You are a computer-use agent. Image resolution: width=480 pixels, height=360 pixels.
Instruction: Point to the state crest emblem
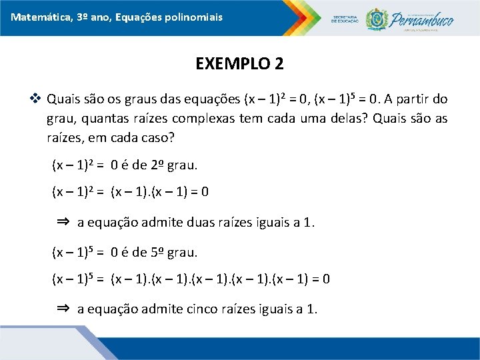tap(377, 18)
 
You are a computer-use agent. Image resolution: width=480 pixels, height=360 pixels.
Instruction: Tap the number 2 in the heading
tap(279, 64)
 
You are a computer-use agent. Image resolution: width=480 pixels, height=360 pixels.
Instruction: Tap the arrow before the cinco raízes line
tap(63, 308)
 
